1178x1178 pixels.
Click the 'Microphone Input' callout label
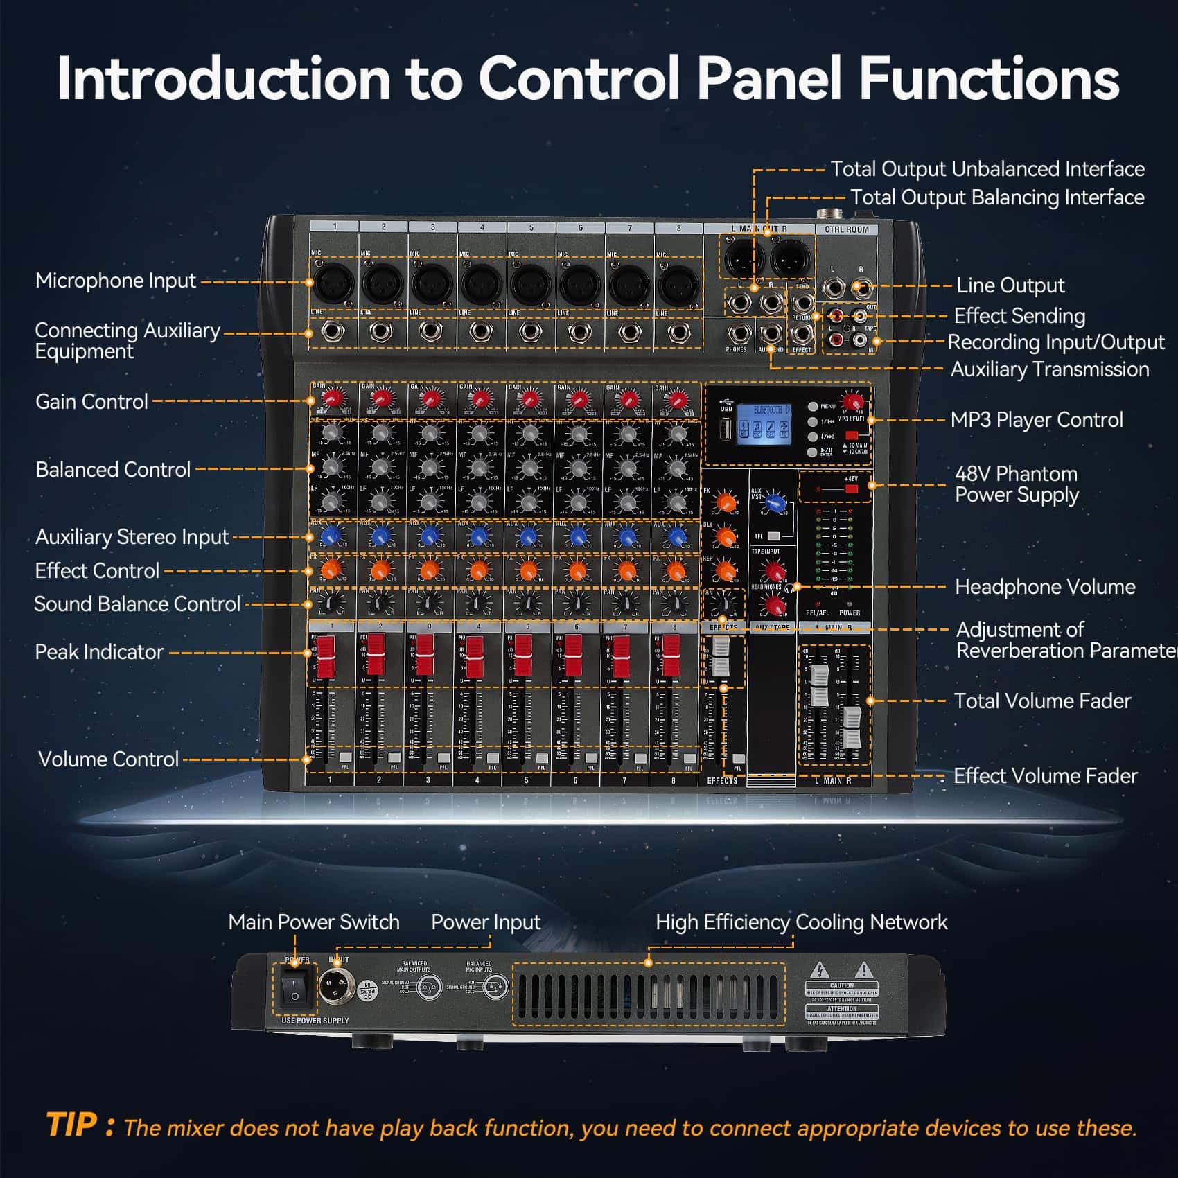pyautogui.click(x=116, y=281)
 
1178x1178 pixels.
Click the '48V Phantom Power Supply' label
pyautogui.click(x=1017, y=484)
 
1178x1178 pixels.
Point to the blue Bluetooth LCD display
pyautogui.click(x=764, y=423)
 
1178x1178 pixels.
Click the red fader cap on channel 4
pyautogui.click(x=475, y=656)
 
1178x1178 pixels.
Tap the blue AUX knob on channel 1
pyautogui.click(x=331, y=536)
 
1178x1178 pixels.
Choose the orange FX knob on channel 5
pyautogui.click(x=528, y=570)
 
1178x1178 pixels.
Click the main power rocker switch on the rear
pyautogui.click(x=296, y=989)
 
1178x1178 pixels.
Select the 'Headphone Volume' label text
pyautogui.click(x=1045, y=587)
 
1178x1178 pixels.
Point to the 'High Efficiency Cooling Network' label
pyautogui.click(x=801, y=922)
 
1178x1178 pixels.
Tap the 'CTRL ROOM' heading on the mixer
pyautogui.click(x=846, y=229)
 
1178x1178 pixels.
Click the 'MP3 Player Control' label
pyautogui.click(x=1037, y=420)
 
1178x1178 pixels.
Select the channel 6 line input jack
pyautogui.click(x=579, y=333)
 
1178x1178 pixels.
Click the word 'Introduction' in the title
pyautogui.click(x=224, y=78)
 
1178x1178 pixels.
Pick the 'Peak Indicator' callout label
pyautogui.click(x=99, y=652)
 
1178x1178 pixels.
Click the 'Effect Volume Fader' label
pyautogui.click(x=1045, y=776)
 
